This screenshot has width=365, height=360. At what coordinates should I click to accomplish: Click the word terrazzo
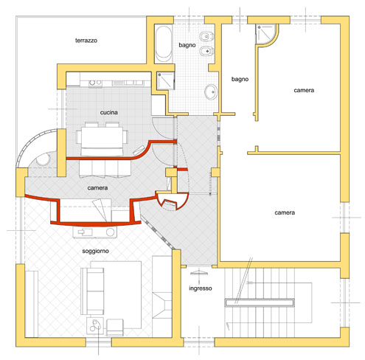[86, 41]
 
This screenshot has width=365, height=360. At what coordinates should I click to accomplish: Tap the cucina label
[108, 112]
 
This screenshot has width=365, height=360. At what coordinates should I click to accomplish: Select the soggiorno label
[95, 251]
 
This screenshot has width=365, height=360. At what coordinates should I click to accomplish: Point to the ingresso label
[201, 288]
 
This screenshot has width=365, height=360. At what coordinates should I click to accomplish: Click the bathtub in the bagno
[163, 44]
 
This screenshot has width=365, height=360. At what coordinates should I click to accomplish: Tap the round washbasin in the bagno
[211, 91]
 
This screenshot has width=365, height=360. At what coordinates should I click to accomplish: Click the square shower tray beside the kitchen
[166, 80]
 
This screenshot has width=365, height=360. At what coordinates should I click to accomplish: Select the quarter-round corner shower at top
[266, 34]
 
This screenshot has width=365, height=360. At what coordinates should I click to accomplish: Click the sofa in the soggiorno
[93, 291]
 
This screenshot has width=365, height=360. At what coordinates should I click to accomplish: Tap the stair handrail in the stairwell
[260, 302]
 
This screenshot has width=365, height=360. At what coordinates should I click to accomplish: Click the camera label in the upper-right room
[304, 90]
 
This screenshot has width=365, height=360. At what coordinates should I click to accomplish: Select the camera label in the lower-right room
[285, 212]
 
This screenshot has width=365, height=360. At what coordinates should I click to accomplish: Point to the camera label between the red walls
[97, 188]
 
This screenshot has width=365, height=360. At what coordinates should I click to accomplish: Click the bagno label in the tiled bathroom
[187, 45]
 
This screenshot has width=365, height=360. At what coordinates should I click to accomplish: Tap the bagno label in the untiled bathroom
[240, 79]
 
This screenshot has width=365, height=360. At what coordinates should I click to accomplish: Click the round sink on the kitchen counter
[92, 83]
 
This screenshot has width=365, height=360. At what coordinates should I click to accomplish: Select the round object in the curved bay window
[43, 159]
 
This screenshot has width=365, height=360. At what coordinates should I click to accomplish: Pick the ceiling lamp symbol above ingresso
[199, 273]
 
